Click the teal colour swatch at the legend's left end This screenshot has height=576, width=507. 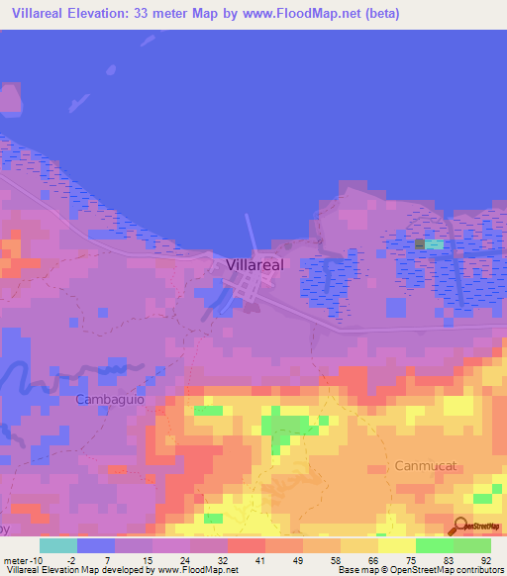[58, 545]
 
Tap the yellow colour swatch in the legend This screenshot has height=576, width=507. [397, 545]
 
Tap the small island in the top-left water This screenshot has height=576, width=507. [10, 98]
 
